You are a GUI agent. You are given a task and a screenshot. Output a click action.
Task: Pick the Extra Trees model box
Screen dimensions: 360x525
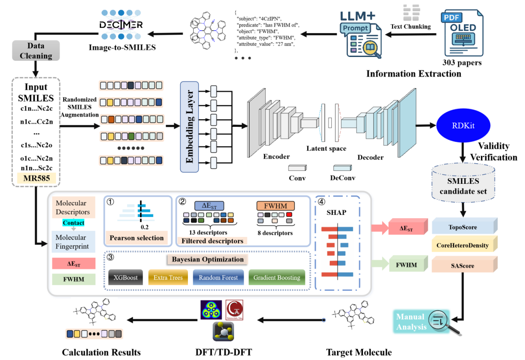[168, 278]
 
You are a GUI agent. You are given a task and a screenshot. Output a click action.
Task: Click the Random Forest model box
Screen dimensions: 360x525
[218, 278]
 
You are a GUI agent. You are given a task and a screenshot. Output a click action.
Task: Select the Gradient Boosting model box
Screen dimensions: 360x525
[276, 278]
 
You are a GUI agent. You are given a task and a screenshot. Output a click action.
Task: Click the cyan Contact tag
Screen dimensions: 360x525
[74, 223]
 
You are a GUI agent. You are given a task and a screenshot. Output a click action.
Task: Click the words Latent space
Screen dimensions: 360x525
[326, 148]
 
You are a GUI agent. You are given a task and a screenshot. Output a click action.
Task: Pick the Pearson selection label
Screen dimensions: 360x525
[136, 238]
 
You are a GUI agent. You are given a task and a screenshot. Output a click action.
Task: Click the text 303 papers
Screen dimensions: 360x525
[462, 63]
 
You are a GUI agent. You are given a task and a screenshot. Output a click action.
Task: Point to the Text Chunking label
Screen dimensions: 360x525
[410, 27]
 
